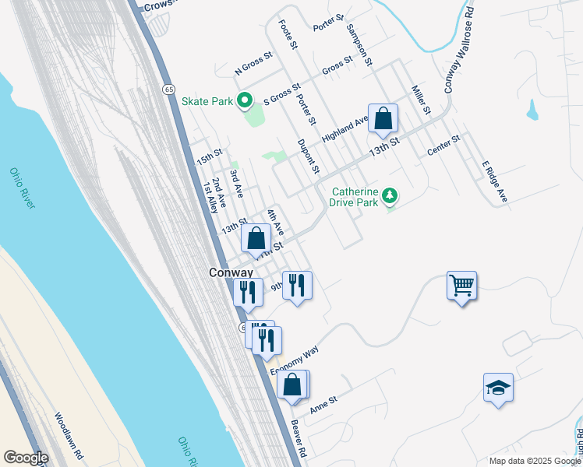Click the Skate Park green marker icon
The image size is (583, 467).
245,100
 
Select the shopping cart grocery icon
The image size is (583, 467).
461,286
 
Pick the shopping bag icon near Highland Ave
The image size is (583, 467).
383,118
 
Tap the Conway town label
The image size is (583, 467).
231,273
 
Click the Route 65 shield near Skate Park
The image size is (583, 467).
168,90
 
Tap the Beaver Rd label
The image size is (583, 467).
298,438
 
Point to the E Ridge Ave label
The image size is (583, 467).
494,182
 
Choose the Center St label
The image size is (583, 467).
444,145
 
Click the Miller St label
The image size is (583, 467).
421,100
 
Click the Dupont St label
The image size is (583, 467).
309,156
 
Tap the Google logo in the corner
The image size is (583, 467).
26,458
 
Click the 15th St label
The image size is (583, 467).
210,156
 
